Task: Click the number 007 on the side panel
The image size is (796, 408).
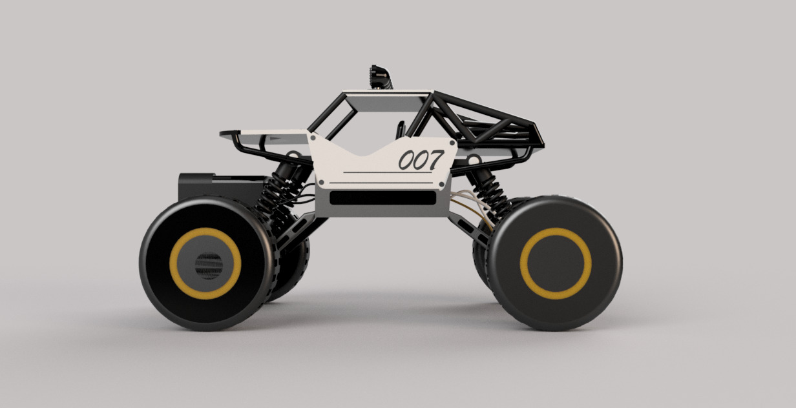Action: (x=421, y=159)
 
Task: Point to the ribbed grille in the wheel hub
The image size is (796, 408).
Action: (x=209, y=265)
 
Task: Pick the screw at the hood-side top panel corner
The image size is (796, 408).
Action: (x=313, y=138)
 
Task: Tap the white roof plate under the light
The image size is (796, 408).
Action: (x=384, y=96)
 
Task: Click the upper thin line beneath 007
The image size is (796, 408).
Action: (x=388, y=173)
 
